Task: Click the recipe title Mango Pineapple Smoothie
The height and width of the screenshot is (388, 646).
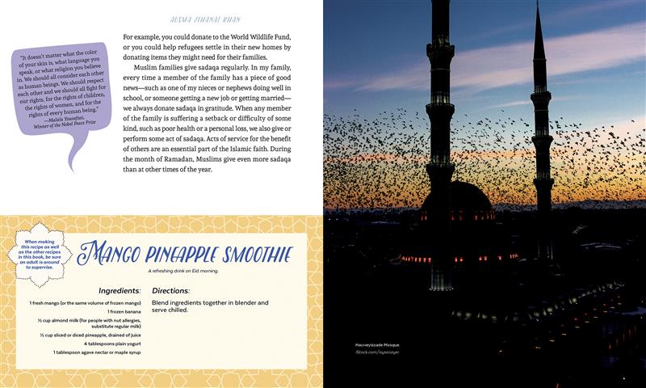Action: [x=187, y=253]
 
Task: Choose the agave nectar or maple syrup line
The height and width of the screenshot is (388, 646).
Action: [x=97, y=352]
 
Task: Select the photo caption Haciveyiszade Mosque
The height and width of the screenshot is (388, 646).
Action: [x=377, y=346]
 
